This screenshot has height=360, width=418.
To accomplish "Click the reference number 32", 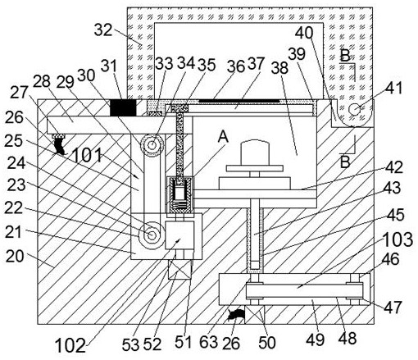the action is [103, 30].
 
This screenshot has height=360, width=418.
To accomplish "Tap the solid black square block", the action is [123, 107].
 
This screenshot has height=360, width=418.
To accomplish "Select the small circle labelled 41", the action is [354, 110].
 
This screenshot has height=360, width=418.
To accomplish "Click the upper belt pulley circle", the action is [152, 145].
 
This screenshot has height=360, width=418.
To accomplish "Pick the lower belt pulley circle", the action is [152, 235].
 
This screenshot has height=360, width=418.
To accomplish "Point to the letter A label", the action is [223, 136].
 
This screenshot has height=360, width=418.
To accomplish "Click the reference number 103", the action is [398, 239].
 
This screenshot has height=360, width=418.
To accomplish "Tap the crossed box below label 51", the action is [180, 269].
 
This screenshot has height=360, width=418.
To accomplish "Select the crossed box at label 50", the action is [255, 315].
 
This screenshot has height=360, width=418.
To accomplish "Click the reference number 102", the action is [70, 345].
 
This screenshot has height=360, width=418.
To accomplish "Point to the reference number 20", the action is [15, 257].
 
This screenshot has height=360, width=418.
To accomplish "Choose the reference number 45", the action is [395, 215].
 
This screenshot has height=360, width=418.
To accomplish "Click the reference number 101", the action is [87, 155].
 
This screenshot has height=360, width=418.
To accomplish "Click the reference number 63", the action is [208, 342].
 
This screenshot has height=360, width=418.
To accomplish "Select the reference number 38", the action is [279, 67].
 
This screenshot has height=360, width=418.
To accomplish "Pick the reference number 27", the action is [20, 92].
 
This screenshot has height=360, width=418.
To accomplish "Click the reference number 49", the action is [315, 339].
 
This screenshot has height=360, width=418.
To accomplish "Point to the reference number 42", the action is [393, 167].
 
